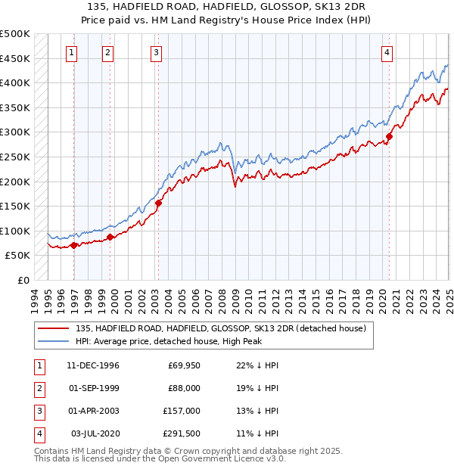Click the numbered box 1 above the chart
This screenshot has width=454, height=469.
70,52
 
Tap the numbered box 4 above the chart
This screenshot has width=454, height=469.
387,52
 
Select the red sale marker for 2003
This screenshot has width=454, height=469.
159,203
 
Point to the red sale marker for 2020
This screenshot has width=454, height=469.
390,137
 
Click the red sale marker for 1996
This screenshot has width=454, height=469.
73,245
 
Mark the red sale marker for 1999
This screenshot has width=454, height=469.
110,237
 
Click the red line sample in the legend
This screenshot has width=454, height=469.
54,328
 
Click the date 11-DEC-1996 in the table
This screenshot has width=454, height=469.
93,365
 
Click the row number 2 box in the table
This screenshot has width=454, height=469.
38,388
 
